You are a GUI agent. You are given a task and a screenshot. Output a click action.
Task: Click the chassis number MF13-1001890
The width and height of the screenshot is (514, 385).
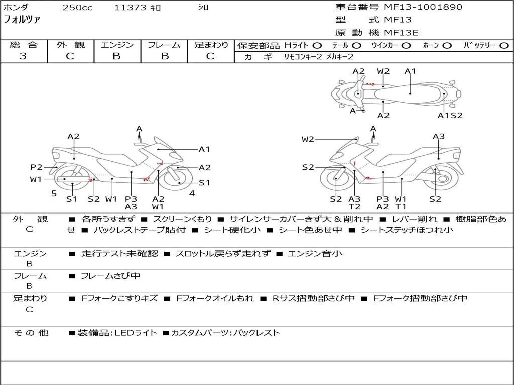pos(423,7)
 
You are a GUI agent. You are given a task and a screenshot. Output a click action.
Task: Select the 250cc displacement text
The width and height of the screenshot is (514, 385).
pos(77,8)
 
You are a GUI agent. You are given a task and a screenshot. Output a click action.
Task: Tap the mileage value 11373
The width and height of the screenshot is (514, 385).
pos(130,8)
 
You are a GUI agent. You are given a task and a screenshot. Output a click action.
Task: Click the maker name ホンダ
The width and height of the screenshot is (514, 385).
pos(16,7)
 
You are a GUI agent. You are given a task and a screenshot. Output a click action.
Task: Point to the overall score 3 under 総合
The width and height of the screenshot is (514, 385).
pos(23,56)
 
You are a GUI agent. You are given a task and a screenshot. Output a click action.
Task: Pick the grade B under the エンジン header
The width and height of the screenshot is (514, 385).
pos(116,56)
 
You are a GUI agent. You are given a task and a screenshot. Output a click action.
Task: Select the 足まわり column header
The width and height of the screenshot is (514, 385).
pos(211,45)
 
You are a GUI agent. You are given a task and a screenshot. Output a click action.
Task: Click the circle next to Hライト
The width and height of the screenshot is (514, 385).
pos(317,46)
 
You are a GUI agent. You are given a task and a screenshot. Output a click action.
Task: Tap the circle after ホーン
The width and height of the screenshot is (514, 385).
pos(447,46)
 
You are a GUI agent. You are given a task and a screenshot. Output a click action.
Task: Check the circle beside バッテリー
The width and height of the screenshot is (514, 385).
pos(504,46)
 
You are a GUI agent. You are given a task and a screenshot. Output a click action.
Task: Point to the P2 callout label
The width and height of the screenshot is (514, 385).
pos(36,167)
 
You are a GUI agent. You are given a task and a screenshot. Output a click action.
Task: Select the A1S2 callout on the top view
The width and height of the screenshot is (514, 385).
pos(450,116)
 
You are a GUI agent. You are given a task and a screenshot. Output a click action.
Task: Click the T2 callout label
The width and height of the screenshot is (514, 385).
pos(354,207)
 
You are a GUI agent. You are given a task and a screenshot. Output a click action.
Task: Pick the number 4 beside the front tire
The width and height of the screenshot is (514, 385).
pos(192,194)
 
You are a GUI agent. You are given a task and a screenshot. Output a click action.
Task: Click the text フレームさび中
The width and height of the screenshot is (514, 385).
pos(110,276)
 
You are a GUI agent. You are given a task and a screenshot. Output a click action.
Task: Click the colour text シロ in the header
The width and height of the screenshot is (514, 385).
pos(203,8)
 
